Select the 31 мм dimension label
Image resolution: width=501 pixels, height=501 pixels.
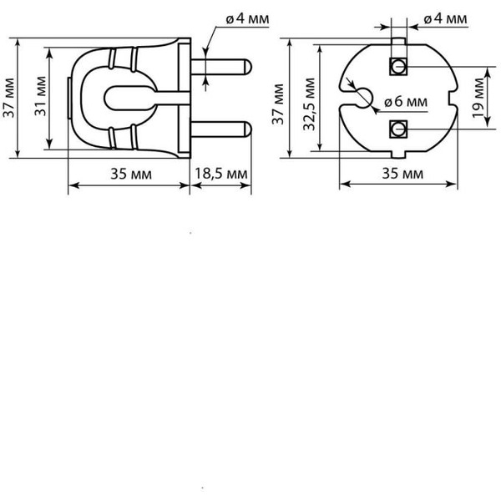click(40, 99)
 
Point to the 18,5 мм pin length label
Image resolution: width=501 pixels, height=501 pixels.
click(220, 174)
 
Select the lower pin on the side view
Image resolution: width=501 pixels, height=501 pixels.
click(222, 129)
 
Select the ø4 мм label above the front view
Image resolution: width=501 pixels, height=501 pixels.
click(444, 18)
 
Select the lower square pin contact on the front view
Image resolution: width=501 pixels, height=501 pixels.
click(398, 129)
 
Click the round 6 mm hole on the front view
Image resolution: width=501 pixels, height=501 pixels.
click(362, 98)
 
